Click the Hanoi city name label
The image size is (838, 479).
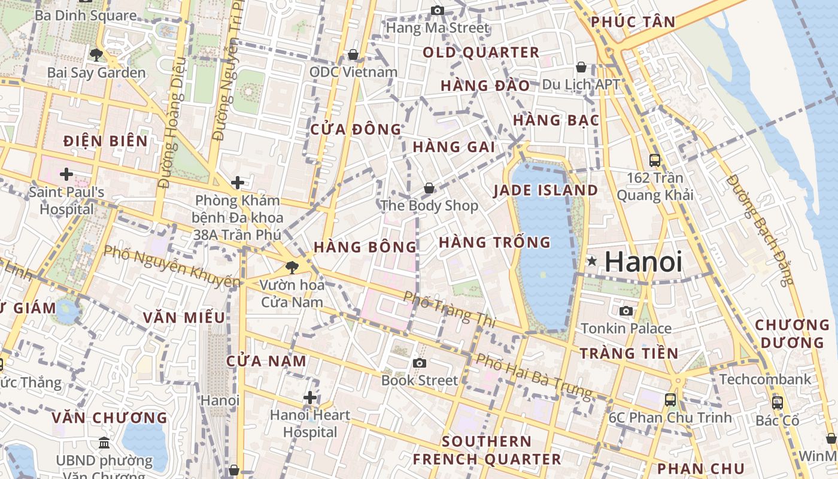pyautogui.click(x=643, y=262)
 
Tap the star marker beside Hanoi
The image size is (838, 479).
pyautogui.click(x=592, y=261)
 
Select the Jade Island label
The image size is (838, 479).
pyautogui.click(x=545, y=190)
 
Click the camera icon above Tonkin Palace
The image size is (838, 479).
pyautogui.click(x=626, y=311)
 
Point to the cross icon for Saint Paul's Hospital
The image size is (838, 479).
pyautogui.click(x=66, y=174)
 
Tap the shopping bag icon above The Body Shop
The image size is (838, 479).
pyautogui.click(x=429, y=188)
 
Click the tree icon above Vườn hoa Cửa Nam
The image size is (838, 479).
pyautogui.click(x=292, y=267)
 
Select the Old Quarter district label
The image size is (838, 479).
pyautogui.click(x=481, y=53)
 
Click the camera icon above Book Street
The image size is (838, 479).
pyautogui.click(x=419, y=363)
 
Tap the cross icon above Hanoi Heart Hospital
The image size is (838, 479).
pyautogui.click(x=310, y=397)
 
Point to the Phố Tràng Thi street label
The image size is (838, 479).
pyautogui.click(x=450, y=309)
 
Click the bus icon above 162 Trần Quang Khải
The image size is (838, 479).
pyautogui.click(x=655, y=160)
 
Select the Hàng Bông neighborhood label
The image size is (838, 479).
pyautogui.click(x=365, y=247)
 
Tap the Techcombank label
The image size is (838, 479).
pyautogui.click(x=766, y=379)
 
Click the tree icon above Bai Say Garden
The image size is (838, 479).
pyautogui.click(x=96, y=55)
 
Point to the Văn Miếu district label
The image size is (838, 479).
pyautogui.click(x=184, y=317)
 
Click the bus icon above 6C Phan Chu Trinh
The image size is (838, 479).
pyautogui.click(x=670, y=399)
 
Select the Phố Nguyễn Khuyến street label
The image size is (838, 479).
pyautogui.click(x=172, y=266)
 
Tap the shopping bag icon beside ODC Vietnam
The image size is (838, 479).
pyautogui.click(x=353, y=55)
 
